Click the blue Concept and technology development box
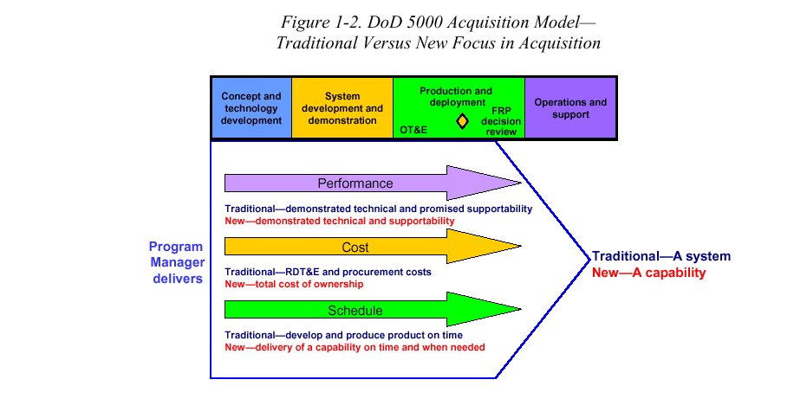[x=251, y=108]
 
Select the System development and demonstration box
[x=342, y=108]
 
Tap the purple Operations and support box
[x=570, y=108]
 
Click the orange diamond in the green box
[x=462, y=122]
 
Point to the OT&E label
[x=414, y=129]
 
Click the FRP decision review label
[x=500, y=122]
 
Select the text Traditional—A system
[x=661, y=257]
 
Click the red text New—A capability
[x=648, y=273]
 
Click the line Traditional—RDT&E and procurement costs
[x=328, y=272]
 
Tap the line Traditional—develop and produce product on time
[x=343, y=335]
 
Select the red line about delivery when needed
[x=354, y=347]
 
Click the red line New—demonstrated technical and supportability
[x=339, y=221]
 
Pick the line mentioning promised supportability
[x=378, y=209]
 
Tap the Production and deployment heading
[x=455, y=96]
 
